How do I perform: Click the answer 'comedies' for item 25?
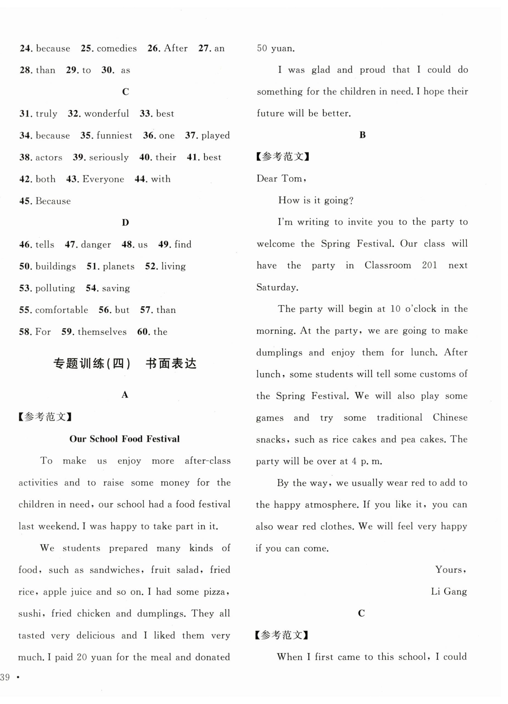click(x=116, y=49)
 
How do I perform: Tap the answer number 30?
click(x=108, y=70)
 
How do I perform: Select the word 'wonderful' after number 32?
click(x=106, y=114)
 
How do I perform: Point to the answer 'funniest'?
click(x=114, y=136)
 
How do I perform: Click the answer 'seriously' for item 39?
click(x=109, y=157)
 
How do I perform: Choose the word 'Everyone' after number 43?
click(x=103, y=179)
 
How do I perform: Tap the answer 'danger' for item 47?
click(x=96, y=245)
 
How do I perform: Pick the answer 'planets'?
click(x=118, y=266)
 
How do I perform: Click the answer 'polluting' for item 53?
click(x=55, y=288)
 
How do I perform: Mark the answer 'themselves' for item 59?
click(x=102, y=332)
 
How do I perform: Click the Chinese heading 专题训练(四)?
click(x=92, y=363)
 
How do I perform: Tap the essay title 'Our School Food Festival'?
click(x=124, y=439)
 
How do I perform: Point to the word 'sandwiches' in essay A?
click(x=114, y=570)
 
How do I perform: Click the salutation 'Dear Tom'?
click(x=281, y=178)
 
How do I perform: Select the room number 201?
click(x=429, y=265)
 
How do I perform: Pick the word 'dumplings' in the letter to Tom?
click(x=279, y=353)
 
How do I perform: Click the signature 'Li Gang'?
click(x=448, y=592)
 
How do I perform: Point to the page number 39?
click(x=5, y=677)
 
